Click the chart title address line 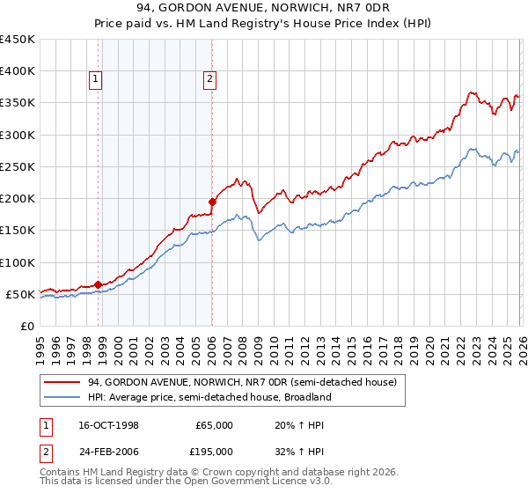coord(264,8)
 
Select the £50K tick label coord(20,294)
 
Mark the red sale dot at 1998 coord(98,284)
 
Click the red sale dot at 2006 coord(212,202)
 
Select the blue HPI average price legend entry coord(209,397)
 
